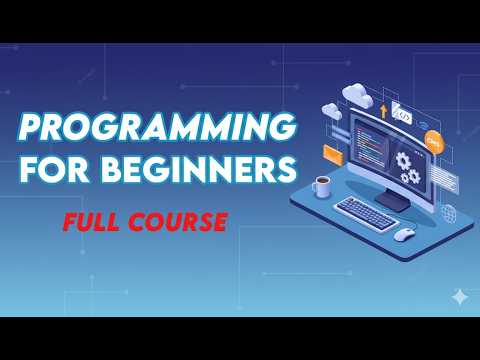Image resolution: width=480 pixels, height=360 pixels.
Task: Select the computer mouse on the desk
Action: click(x=404, y=234)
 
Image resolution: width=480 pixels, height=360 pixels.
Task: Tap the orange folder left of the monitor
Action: click(x=333, y=153)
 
